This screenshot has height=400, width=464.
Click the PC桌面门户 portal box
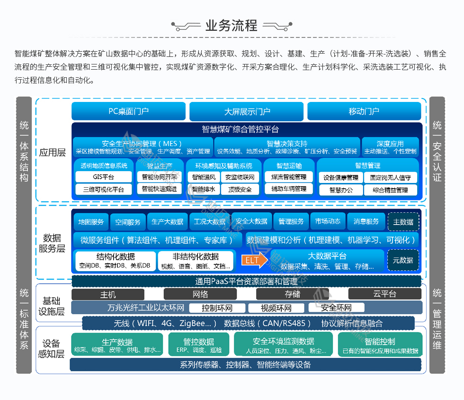128,111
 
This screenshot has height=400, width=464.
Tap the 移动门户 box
364,111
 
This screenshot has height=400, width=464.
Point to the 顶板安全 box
240,189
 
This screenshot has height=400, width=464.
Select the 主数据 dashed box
403,221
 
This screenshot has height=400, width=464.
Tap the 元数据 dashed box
403,260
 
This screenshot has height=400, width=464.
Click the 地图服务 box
91,221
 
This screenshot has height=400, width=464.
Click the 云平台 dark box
384,294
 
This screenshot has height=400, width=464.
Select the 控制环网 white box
217,308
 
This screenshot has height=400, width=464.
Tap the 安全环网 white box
336,308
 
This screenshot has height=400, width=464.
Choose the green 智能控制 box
380,345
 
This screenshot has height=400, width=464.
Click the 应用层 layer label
53,152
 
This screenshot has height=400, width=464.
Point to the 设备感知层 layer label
53,348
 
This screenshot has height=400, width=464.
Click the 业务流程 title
232,25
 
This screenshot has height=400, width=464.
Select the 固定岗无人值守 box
391,177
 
